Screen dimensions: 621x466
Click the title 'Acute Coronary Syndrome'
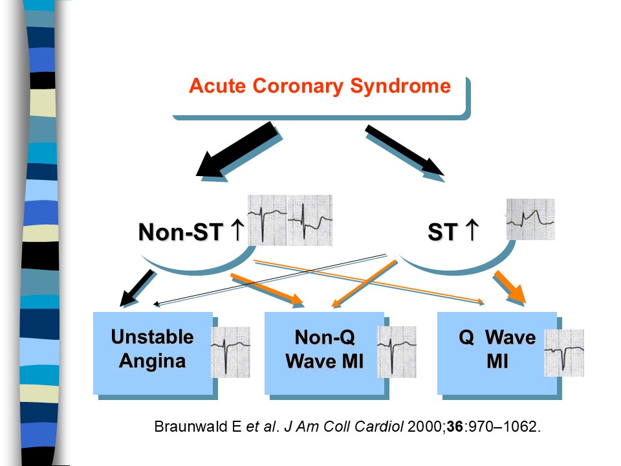[x=320, y=86]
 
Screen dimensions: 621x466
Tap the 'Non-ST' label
[x=180, y=232]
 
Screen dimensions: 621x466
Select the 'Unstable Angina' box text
[x=153, y=349]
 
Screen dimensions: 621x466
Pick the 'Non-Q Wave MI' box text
[x=325, y=349]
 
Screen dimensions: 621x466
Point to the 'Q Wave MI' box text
[x=497, y=349]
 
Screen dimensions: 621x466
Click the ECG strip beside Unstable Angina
[x=230, y=352]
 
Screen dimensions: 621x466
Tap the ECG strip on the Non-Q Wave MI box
[x=397, y=352]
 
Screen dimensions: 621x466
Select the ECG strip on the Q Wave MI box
[x=564, y=353]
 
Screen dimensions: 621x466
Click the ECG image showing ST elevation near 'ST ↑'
[x=530, y=219]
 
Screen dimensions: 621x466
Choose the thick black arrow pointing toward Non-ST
[x=237, y=151]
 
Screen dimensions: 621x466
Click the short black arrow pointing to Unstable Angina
[x=136, y=288]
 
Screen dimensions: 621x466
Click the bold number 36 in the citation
[x=455, y=427]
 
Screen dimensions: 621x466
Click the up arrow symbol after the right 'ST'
[x=472, y=230]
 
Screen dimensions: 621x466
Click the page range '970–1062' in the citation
[x=503, y=427]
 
